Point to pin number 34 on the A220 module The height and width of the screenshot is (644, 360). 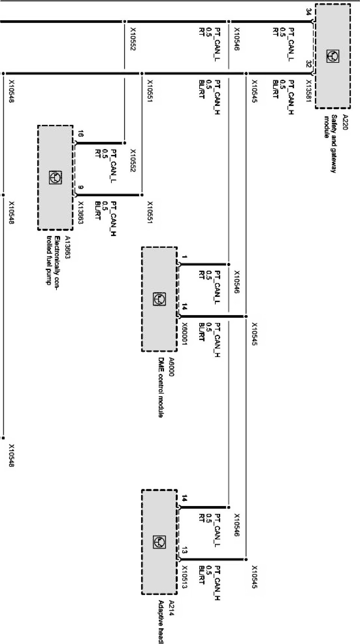point(308,12)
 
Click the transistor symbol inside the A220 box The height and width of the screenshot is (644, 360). point(333,56)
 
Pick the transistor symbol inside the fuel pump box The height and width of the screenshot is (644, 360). point(55,178)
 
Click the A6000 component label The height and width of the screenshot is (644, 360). point(171,367)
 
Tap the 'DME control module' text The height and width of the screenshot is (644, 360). point(161,387)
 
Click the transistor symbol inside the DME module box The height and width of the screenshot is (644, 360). point(159,299)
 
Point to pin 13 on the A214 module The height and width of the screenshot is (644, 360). point(184,550)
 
